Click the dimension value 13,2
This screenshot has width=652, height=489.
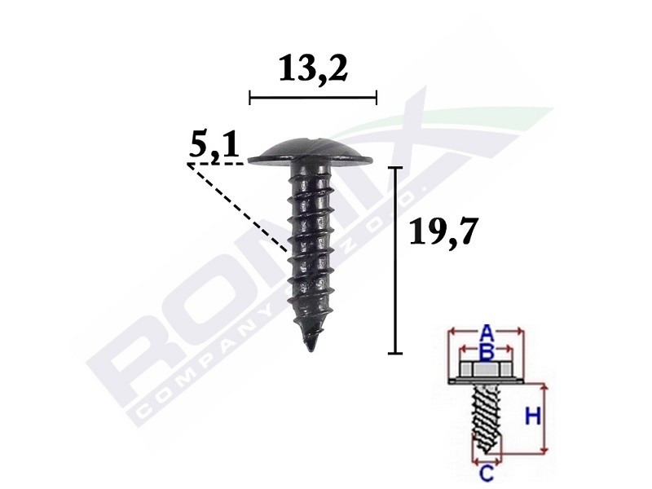313,70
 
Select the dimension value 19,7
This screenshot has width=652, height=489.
440,234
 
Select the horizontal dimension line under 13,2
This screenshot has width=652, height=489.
313,98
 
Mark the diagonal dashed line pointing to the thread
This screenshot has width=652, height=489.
240,208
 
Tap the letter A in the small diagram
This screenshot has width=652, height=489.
486,332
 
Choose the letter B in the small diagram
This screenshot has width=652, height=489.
486,351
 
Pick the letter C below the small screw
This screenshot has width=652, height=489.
486,473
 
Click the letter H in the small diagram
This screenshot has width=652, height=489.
532,417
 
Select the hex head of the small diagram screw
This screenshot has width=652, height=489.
486,372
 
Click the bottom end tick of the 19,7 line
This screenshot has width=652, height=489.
395,353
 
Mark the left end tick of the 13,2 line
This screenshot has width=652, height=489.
249,98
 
